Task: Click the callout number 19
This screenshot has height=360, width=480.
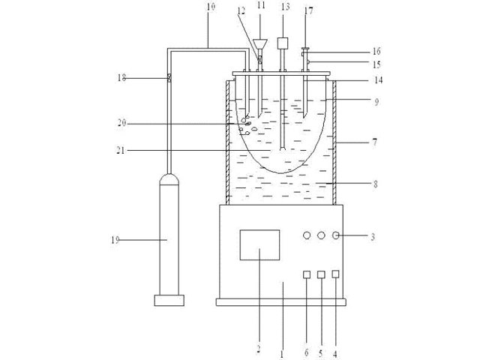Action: [115, 240]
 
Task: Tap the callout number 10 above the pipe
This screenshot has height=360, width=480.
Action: [211, 7]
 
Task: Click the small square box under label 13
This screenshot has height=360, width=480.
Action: [283, 43]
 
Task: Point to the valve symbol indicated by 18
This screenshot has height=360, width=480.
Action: [169, 78]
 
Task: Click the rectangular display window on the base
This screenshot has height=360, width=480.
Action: [259, 245]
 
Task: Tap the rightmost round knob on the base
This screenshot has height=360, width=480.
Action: [336, 235]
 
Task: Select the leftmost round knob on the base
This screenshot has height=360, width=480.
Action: [307, 235]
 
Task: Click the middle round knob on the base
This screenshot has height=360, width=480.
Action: [321, 235]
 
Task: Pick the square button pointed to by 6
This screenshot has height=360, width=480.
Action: [307, 274]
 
